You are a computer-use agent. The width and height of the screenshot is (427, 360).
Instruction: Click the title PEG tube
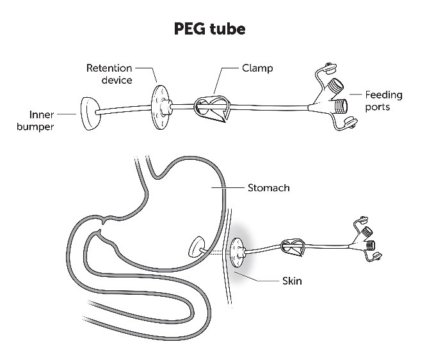213,29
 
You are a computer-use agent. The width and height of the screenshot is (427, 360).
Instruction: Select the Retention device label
109,74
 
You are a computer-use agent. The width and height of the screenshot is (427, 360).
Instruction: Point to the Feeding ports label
383,101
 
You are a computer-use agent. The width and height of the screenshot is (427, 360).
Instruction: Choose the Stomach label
268,188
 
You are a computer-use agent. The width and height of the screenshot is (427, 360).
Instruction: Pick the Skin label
292,281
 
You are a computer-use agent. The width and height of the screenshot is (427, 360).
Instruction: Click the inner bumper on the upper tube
92,113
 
